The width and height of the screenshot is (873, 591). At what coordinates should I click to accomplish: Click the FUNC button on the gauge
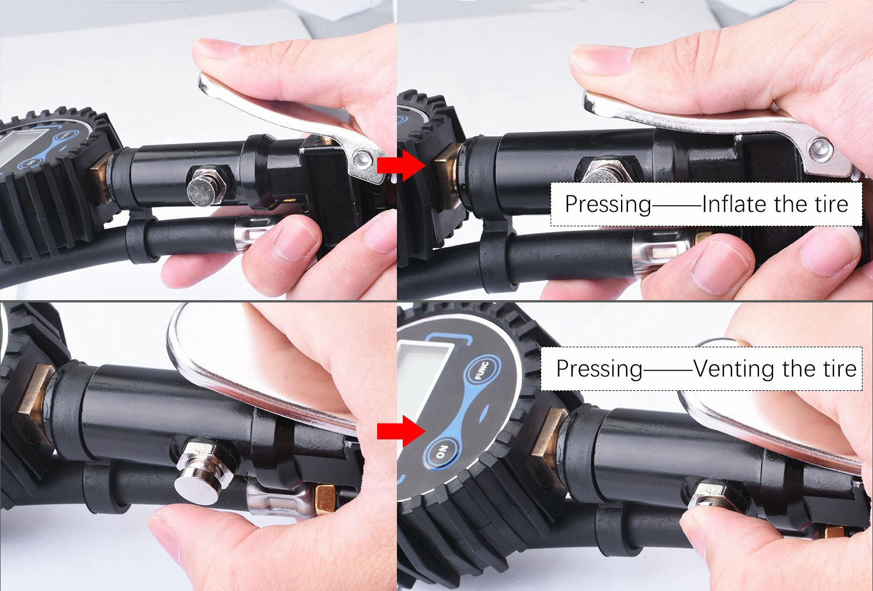[x=482, y=371]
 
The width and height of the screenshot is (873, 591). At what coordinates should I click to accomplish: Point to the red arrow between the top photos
[x=402, y=166]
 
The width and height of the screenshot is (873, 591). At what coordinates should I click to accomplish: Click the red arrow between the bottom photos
[x=402, y=431]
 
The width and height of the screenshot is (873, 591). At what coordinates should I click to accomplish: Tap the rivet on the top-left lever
[x=361, y=159]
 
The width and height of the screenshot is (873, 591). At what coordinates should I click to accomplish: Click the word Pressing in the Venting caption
[x=599, y=369]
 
